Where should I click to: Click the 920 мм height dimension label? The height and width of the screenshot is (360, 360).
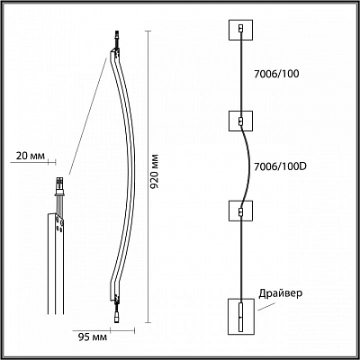click(x=154, y=172)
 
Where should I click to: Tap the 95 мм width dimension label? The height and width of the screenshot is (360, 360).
click(x=93, y=337)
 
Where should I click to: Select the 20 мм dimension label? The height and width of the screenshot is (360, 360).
click(x=30, y=156)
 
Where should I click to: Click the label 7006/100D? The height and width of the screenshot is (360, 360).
click(x=280, y=166)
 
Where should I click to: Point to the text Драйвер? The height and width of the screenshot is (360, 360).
click(x=281, y=293)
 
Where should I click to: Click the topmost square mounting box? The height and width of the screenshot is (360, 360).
click(x=240, y=30)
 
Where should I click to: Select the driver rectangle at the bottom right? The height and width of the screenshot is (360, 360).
click(x=241, y=316)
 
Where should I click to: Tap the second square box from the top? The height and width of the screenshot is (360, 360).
click(x=240, y=121)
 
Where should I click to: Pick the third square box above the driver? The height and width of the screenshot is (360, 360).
click(x=240, y=211)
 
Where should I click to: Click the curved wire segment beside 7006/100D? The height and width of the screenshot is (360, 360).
click(x=249, y=166)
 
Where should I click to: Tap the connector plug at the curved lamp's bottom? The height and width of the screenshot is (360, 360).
click(x=116, y=318)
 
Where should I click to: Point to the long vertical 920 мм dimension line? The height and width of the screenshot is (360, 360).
click(x=148, y=177)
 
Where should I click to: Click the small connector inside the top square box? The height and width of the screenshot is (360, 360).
click(x=240, y=29)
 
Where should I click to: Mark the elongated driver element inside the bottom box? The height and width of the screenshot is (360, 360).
click(x=241, y=317)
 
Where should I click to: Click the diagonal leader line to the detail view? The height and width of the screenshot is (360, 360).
click(x=87, y=116)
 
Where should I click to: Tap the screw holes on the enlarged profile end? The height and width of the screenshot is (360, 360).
click(x=59, y=225)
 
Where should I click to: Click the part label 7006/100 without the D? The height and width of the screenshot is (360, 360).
click(x=276, y=74)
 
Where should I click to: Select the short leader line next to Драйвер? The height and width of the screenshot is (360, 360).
click(x=266, y=307)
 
